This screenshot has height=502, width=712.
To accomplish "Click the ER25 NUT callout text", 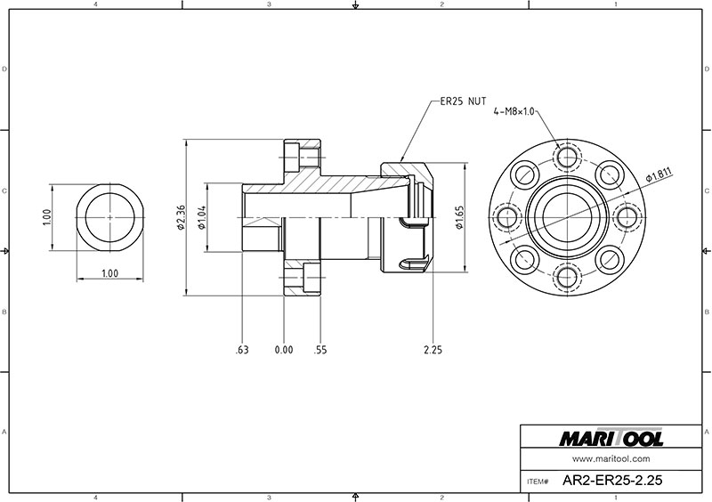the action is [463, 101].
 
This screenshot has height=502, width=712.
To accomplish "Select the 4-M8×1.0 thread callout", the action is [514, 111].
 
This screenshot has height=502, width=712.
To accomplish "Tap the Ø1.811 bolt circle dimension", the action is [659, 175].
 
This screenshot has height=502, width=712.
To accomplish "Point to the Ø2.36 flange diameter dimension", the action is [181, 217].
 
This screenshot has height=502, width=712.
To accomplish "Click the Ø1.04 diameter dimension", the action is [202, 217].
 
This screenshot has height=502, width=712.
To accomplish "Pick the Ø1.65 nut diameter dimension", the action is [459, 217].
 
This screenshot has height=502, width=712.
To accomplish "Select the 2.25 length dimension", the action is [433, 350].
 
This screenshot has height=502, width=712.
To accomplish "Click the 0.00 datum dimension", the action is [284, 350].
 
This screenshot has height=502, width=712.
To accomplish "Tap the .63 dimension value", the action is [242, 350].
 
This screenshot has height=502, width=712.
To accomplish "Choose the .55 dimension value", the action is [320, 350].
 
